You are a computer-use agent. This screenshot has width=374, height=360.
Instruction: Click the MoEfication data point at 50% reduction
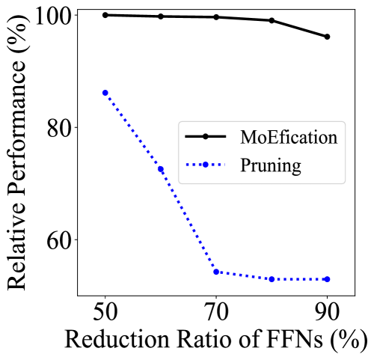[x=105, y=15]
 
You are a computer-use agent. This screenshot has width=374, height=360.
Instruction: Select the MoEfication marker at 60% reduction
[x=160, y=16]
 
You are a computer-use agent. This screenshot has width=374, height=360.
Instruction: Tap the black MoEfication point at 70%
[x=216, y=17]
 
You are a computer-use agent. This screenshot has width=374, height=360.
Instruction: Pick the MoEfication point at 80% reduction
[x=272, y=20]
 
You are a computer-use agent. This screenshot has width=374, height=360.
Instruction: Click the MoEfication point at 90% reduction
[x=327, y=37]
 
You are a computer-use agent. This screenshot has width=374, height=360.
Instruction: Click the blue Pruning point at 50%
[x=105, y=93]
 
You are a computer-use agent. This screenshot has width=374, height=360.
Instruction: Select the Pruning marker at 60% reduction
[x=160, y=169]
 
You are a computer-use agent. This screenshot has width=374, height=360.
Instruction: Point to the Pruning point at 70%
[x=216, y=272]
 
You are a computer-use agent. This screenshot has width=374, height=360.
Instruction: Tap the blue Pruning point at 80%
[x=272, y=279]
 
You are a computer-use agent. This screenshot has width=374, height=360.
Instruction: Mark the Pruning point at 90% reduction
[x=327, y=279]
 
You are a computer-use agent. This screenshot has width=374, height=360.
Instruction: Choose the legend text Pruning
[x=271, y=165]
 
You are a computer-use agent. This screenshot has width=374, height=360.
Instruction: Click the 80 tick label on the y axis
[x=58, y=127]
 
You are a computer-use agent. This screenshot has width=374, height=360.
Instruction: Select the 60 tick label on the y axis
[x=58, y=240]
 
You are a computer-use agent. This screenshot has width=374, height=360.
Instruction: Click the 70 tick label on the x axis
[x=216, y=311]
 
